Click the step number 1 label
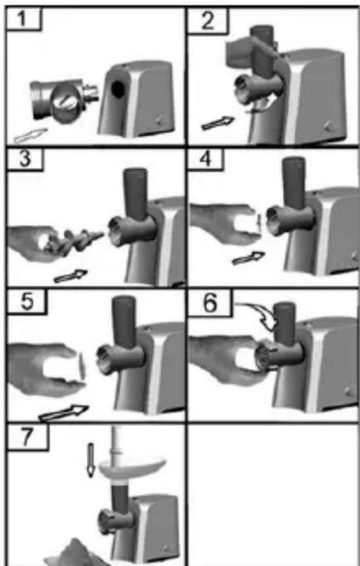(23, 19)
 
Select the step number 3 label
(24, 159)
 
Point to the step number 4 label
(206, 159)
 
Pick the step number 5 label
(27, 301)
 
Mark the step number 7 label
(27, 437)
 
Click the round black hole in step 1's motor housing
(118, 89)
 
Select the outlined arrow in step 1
(31, 135)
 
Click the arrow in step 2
(217, 122)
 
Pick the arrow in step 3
(71, 276)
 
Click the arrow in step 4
(248, 258)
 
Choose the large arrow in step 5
(64, 413)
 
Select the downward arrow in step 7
(91, 460)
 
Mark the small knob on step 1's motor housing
(159, 119)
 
